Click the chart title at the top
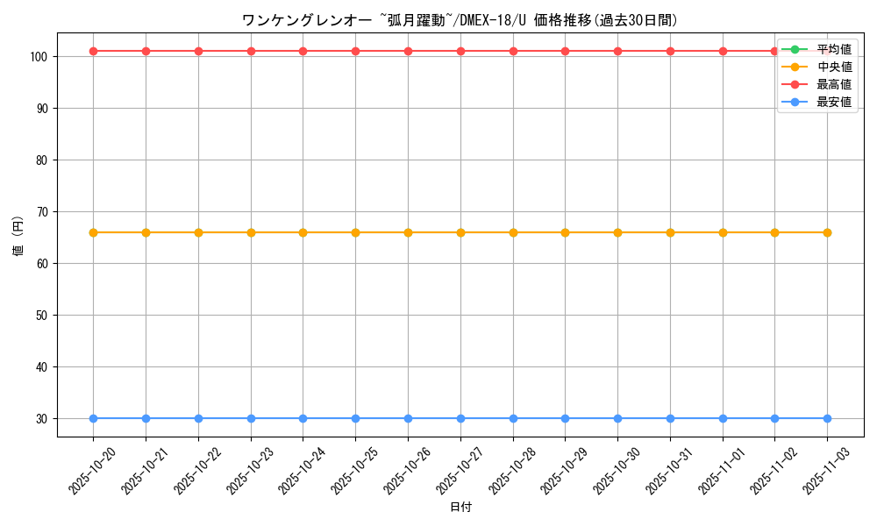(460, 20)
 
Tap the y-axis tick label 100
(38, 57)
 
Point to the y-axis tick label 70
(41, 212)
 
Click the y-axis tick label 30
(41, 419)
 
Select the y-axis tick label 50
(41, 316)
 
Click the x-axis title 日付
(460, 508)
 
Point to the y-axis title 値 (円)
(18, 238)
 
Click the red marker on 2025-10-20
(93, 51)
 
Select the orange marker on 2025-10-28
(513, 232)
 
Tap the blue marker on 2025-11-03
(827, 418)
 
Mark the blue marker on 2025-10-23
(251, 418)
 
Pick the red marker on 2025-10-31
(670, 51)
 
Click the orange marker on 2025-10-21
(146, 232)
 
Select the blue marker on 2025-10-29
(565, 418)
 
